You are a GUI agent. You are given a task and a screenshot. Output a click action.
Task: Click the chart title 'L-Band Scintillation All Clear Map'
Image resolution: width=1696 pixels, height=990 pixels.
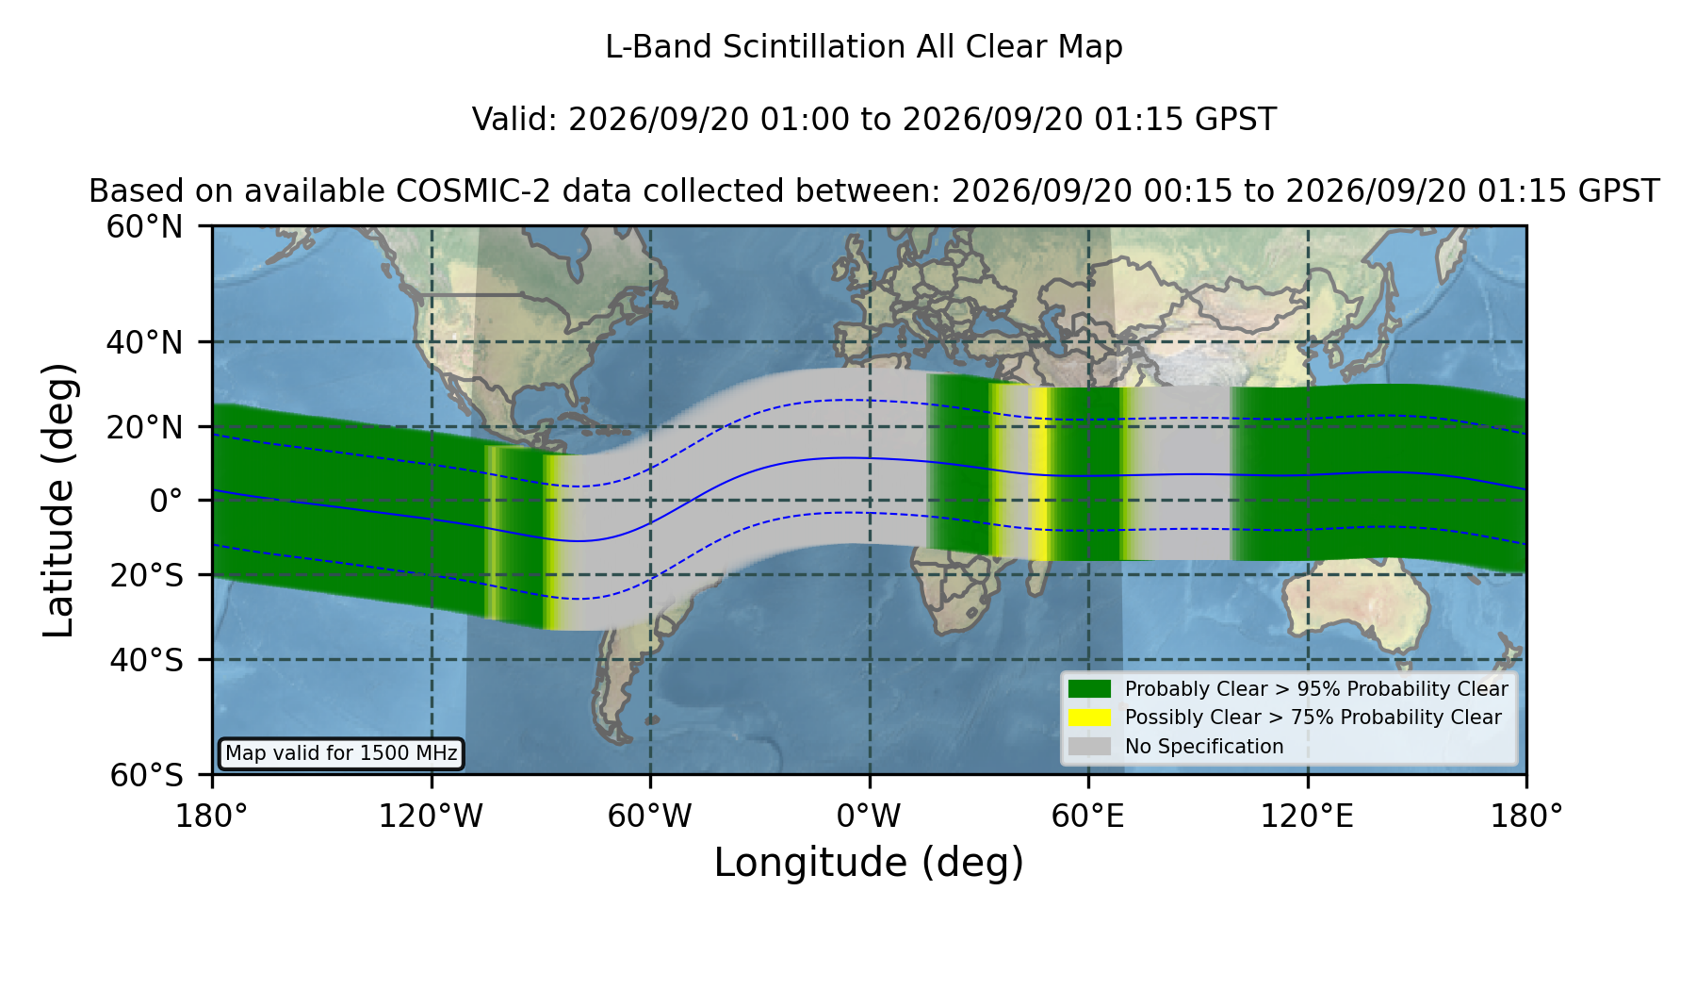(864, 47)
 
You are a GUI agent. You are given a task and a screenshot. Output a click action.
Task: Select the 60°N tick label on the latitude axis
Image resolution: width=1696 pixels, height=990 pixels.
(144, 227)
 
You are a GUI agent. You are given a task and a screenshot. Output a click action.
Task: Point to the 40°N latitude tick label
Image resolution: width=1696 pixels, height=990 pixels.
(144, 342)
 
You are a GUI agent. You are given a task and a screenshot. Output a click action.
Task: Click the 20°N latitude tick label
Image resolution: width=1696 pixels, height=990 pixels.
(144, 427)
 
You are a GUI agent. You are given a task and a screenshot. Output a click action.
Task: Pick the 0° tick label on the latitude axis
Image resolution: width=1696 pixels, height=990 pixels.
(166, 501)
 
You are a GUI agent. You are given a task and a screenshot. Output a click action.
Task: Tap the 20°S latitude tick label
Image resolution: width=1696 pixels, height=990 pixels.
(146, 575)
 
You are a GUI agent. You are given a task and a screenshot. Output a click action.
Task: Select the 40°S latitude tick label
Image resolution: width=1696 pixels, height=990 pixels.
(146, 660)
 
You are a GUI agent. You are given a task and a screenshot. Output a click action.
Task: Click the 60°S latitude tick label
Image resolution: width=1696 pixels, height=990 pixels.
(146, 775)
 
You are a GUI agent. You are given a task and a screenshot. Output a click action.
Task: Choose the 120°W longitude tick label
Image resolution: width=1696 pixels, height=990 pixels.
(431, 816)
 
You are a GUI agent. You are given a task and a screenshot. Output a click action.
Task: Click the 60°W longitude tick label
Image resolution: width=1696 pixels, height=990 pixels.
(650, 816)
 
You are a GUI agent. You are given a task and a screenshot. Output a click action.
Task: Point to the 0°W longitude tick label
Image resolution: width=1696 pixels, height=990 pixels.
(869, 816)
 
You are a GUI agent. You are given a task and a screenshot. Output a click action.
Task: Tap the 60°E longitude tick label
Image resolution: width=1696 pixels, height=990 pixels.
(1088, 816)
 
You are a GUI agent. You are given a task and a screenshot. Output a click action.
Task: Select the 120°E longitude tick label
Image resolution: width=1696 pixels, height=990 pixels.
(1308, 816)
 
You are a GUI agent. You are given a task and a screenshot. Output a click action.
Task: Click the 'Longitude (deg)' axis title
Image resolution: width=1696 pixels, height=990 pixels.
(869, 863)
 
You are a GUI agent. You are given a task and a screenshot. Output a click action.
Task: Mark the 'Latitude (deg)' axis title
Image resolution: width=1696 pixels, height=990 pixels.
(58, 500)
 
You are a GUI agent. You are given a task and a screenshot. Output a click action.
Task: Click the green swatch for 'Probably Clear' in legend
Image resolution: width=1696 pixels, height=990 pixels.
(1090, 689)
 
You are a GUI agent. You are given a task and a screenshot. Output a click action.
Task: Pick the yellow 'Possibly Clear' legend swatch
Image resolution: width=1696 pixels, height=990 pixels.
(1090, 718)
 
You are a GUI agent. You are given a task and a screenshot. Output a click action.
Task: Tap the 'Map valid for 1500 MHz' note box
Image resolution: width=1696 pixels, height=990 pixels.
(341, 753)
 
